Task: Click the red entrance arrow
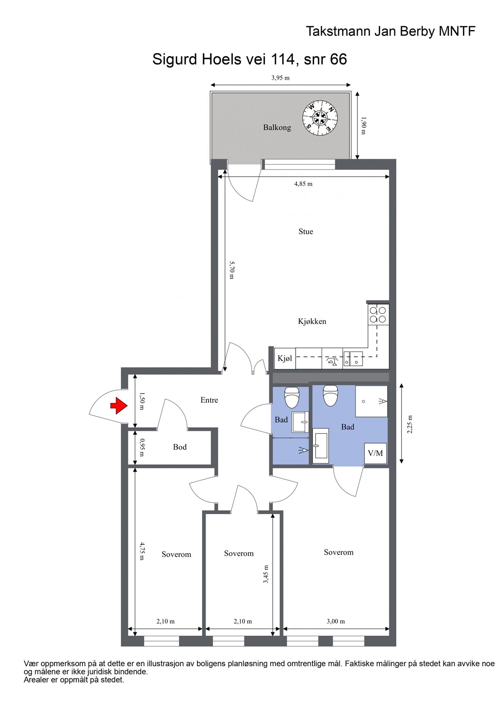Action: coord(119,406)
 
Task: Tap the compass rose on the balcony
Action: coord(320,118)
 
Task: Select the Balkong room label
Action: coord(277,128)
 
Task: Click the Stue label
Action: coord(306,232)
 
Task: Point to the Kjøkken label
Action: coord(312,322)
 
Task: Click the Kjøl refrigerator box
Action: coord(285,358)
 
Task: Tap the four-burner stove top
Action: coord(378,314)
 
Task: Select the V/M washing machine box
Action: coord(375,453)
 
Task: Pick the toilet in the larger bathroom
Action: coord(330,396)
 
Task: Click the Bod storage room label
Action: coord(180,447)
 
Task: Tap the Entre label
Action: coord(209,400)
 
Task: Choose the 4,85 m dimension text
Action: coord(303,184)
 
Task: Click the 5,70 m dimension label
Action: coord(232,270)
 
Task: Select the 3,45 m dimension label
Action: coord(266,574)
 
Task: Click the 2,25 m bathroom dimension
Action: coord(410,424)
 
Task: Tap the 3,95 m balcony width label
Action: coord(280,78)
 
